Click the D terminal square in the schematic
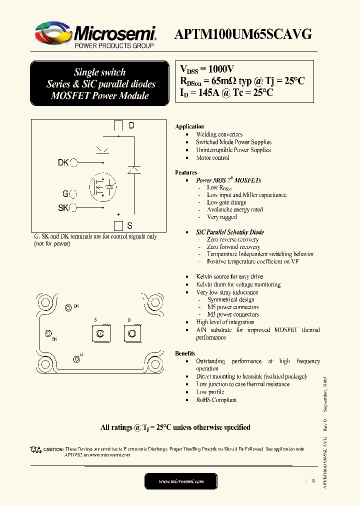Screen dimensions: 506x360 pyautogui.click(x=118, y=125)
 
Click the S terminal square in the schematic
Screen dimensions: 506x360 pyautogui.click(x=118, y=225)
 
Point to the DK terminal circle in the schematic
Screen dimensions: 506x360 pyautogui.click(x=73, y=162)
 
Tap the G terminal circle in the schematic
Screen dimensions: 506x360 pyautogui.click(x=73, y=194)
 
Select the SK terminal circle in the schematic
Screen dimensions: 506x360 pyautogui.click(x=73, y=208)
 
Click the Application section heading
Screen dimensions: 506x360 pyautogui.click(x=189, y=126)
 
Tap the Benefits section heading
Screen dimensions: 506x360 pyautogui.click(x=185, y=353)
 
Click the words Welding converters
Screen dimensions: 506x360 pyautogui.click(x=219, y=134)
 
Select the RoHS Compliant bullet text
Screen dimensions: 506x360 pyautogui.click(x=216, y=400)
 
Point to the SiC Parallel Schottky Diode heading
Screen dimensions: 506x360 pyautogui.click(x=230, y=232)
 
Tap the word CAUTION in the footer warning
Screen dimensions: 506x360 pyautogui.click(x=53, y=449)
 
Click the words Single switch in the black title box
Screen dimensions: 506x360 pyautogui.click(x=100, y=72)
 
